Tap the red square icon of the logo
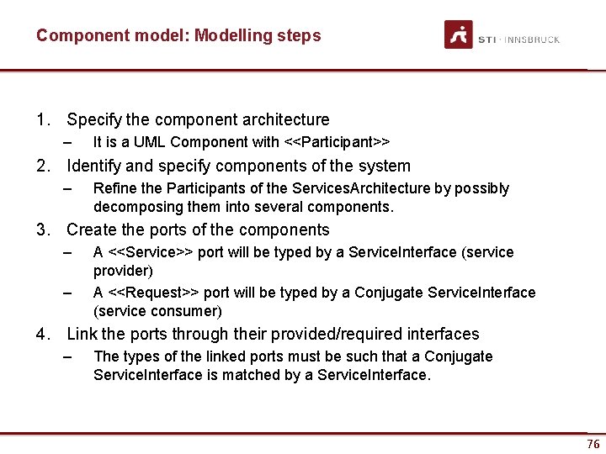[x=459, y=34]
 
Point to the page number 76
[x=593, y=444]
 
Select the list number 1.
[x=41, y=120]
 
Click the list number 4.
[x=41, y=335]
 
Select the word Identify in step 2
[x=95, y=166]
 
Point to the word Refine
[x=114, y=188]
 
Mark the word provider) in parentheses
[x=123, y=271]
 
